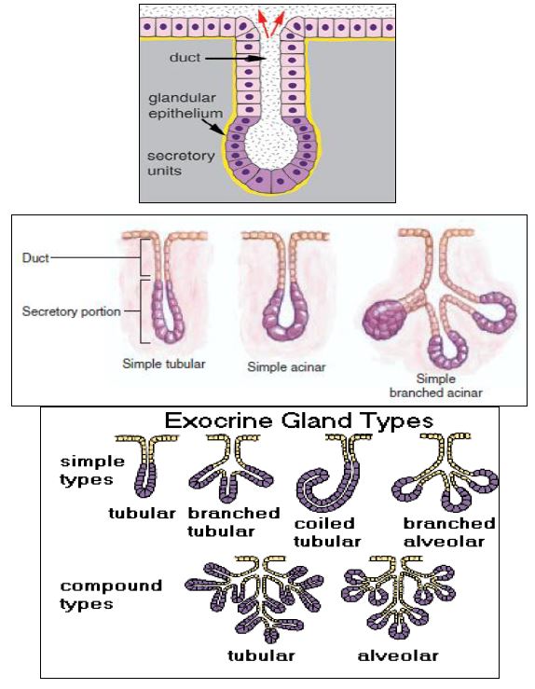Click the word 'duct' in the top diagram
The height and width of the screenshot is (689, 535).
(185, 57)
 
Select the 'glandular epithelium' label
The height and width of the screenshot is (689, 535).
(185, 105)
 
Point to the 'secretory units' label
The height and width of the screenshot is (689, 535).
(181, 162)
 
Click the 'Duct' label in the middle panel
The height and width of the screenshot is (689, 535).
(35, 257)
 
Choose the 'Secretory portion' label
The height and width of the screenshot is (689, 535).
(71, 311)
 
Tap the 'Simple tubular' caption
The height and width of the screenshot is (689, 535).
(164, 364)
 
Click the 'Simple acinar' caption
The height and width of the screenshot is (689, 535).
(286, 367)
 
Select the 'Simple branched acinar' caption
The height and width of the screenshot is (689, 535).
(435, 385)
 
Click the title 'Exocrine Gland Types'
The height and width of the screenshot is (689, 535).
(299, 420)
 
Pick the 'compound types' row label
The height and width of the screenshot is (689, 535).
(111, 595)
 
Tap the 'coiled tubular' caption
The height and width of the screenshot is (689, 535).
(327, 532)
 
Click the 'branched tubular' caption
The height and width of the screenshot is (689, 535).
(234, 521)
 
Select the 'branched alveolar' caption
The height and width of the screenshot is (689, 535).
(449, 532)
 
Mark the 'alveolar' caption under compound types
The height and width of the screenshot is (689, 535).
(398, 656)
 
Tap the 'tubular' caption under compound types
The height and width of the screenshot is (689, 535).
(261, 656)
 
